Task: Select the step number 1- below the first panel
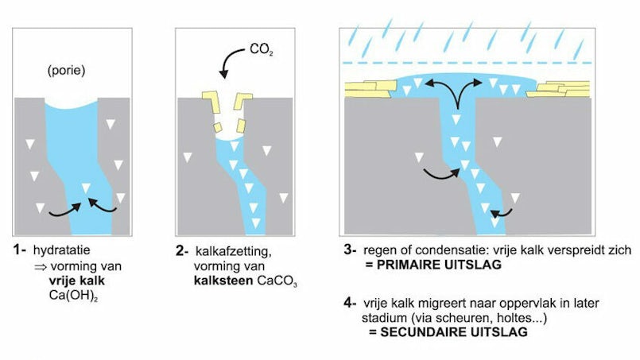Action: [19, 251]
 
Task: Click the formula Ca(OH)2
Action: [66, 292]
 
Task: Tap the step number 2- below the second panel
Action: [182, 251]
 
